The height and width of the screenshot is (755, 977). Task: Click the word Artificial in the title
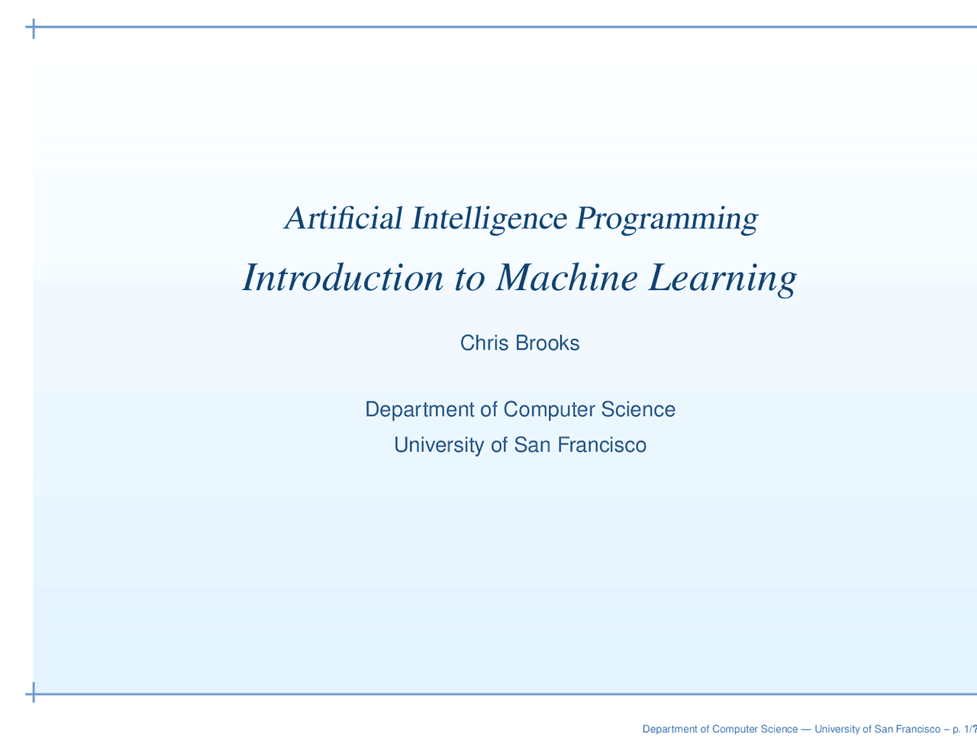[343, 219]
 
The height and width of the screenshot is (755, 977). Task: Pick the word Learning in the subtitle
[721, 279]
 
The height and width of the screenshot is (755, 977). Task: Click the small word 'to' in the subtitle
[468, 279]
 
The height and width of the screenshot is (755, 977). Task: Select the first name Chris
[485, 344]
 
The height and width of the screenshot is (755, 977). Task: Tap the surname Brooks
[547, 344]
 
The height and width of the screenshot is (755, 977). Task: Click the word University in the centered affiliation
[439, 445]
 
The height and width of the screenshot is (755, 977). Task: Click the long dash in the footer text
[806, 730]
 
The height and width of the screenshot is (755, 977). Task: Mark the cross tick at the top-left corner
[33, 28]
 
